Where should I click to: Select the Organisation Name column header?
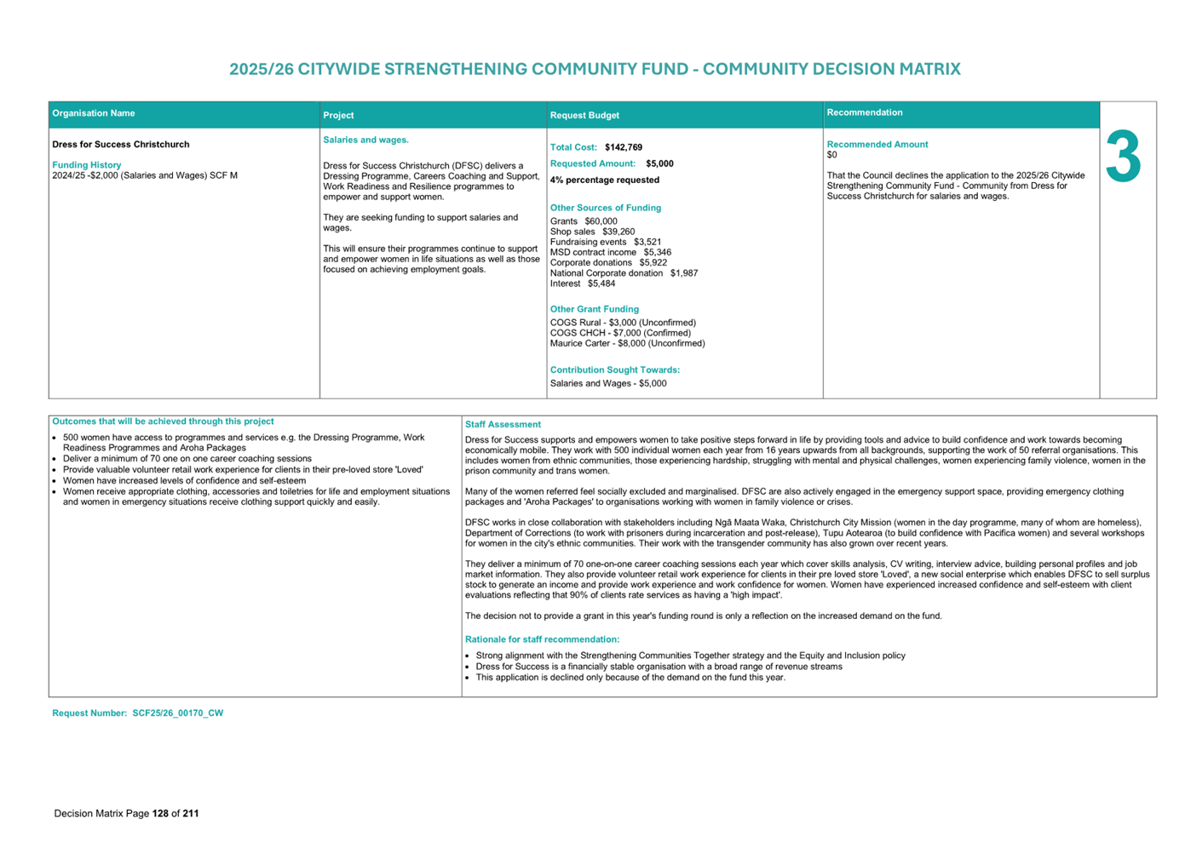coord(94,113)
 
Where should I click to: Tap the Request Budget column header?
coord(584,115)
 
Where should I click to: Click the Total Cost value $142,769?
coord(624,147)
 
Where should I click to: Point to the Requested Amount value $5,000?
coord(659,163)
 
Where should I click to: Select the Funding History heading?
coord(87,165)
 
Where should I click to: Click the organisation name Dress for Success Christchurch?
coord(121,145)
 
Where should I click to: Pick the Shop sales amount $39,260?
coord(619,232)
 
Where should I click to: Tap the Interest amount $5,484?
coord(601,284)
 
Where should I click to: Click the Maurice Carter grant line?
coord(627,343)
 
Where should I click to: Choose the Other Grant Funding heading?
coord(595,309)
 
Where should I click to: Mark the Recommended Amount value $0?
coord(832,155)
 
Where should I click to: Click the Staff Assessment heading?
coord(503,424)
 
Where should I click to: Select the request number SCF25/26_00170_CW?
coord(177,713)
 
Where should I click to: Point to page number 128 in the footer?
coord(160,813)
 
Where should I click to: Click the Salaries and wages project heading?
coord(365,140)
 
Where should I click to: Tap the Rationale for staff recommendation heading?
coord(542,639)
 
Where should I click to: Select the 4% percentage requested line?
coord(605,180)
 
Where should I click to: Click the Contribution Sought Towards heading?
coord(615,369)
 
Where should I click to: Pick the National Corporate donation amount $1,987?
coord(684,273)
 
